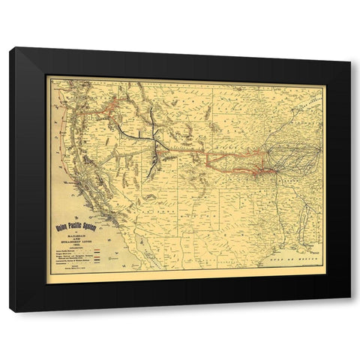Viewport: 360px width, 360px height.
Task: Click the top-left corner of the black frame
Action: pyautogui.click(x=10, y=48)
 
